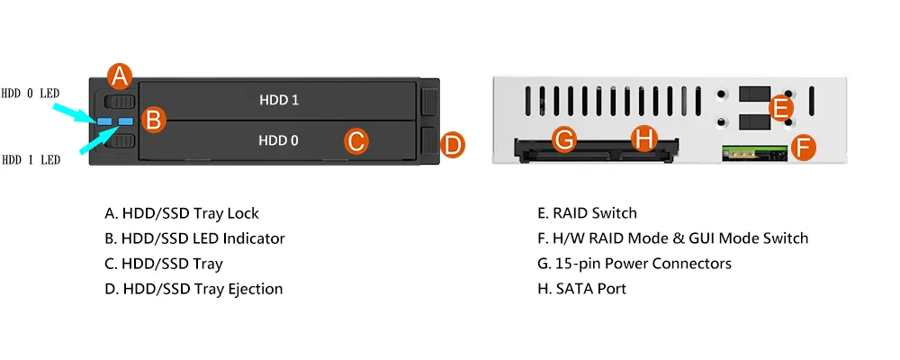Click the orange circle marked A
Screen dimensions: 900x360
(x=119, y=76)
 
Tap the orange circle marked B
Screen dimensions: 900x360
(x=153, y=121)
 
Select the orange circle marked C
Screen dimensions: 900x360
(x=356, y=140)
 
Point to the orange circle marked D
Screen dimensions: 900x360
(x=453, y=145)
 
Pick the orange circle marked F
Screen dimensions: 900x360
(x=804, y=148)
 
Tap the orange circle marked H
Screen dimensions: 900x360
(x=643, y=139)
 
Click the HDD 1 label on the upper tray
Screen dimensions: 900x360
(x=279, y=100)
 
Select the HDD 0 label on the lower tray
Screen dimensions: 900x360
(x=278, y=140)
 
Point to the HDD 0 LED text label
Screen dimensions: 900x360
(x=31, y=93)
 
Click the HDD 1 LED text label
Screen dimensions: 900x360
(x=31, y=160)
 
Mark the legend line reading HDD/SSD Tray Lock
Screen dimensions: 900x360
(x=182, y=213)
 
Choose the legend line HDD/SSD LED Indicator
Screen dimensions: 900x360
(x=194, y=238)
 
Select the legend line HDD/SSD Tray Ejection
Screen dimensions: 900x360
(x=193, y=289)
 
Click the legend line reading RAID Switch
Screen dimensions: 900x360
(x=587, y=213)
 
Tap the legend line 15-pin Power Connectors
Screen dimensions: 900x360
(x=634, y=264)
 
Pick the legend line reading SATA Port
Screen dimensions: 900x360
(x=581, y=289)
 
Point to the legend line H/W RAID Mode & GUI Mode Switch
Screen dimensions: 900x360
(x=672, y=238)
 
